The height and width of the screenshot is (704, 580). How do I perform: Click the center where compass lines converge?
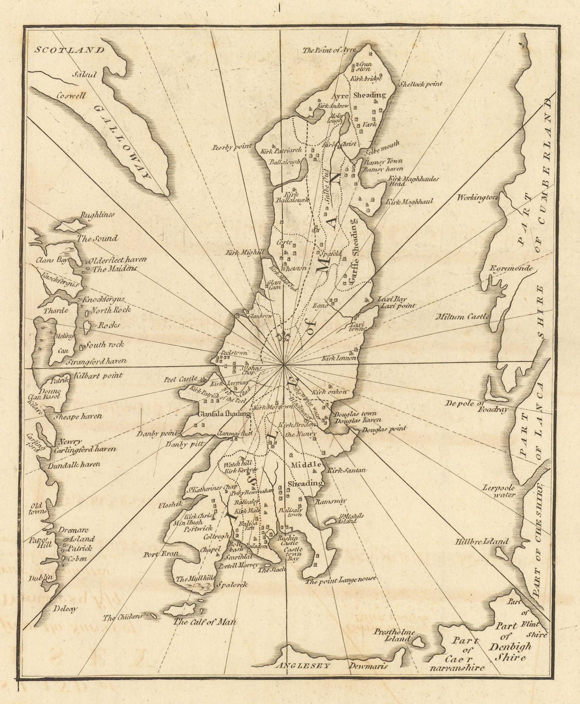pyautogui.click(x=284, y=365)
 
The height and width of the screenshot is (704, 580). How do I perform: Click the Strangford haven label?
pyautogui.click(x=96, y=362)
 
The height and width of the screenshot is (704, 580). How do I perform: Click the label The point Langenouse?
pyautogui.click(x=341, y=579)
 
